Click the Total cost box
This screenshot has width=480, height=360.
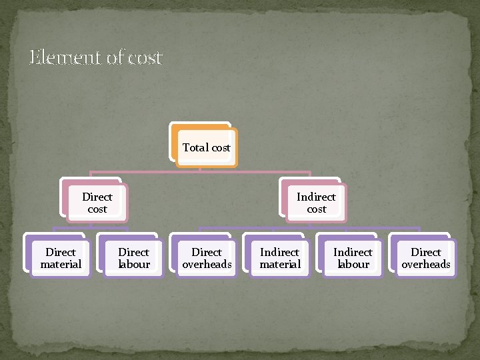[206, 147]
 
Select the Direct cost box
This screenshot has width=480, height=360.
[97, 203]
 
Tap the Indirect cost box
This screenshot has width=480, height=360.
[316, 203]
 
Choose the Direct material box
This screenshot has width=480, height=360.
[61, 258]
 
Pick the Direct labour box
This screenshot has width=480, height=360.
[133, 258]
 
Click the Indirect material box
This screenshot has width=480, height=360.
[280, 258]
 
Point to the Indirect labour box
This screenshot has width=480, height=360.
[353, 258]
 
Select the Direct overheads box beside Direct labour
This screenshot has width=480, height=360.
[207, 258]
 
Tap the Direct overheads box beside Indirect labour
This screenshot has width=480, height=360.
[426, 258]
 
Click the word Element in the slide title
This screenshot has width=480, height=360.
[66, 58]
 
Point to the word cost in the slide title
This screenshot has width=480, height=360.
[145, 59]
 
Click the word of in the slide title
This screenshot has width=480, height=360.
[115, 58]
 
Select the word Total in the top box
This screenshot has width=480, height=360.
[195, 147]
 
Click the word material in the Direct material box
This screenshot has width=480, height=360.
[61, 264]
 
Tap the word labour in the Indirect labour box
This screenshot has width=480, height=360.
[353, 264]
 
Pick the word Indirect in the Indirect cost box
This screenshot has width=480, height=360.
[316, 197]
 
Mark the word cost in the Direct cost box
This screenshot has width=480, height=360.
[97, 209]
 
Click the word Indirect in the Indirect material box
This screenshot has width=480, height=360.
[280, 252]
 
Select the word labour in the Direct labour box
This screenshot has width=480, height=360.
[133, 264]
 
